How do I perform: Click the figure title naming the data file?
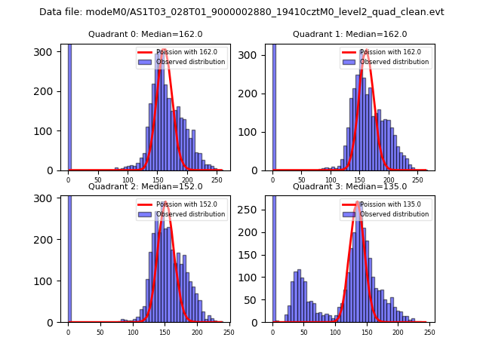[241, 12]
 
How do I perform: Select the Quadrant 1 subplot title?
[349, 34]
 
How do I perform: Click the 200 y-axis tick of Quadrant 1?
[254, 91]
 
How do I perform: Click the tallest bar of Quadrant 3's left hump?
[299, 296]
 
